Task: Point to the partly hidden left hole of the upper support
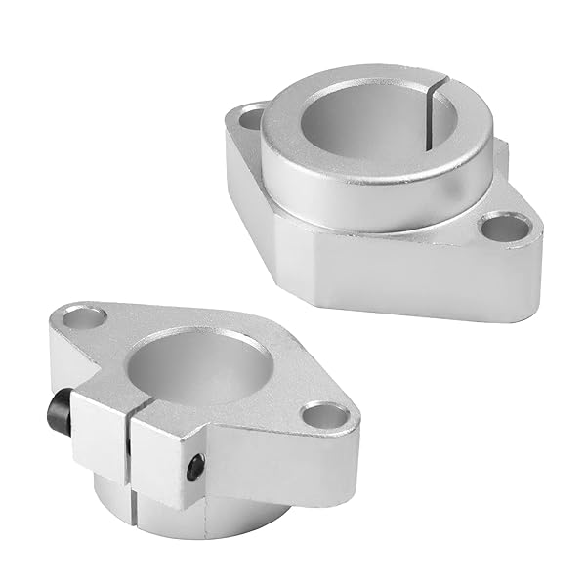point(251,119)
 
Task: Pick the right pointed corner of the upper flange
point(535,234)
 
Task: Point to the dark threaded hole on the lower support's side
point(196,468)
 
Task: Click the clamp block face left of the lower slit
point(98,430)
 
